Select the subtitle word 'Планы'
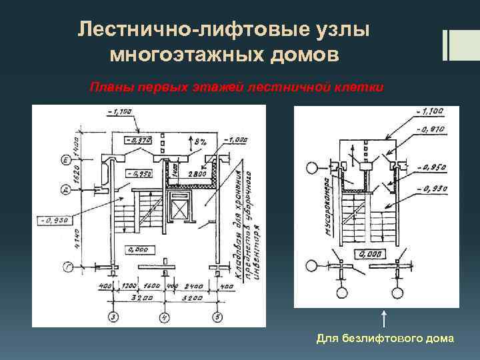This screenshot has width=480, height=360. coord(108,87)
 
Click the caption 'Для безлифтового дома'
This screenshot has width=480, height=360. coord(385,339)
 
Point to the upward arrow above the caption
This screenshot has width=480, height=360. coord(384,319)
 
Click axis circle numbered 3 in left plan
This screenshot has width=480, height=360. coord(113,317)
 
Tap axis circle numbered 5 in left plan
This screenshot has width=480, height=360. coord(217,317)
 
